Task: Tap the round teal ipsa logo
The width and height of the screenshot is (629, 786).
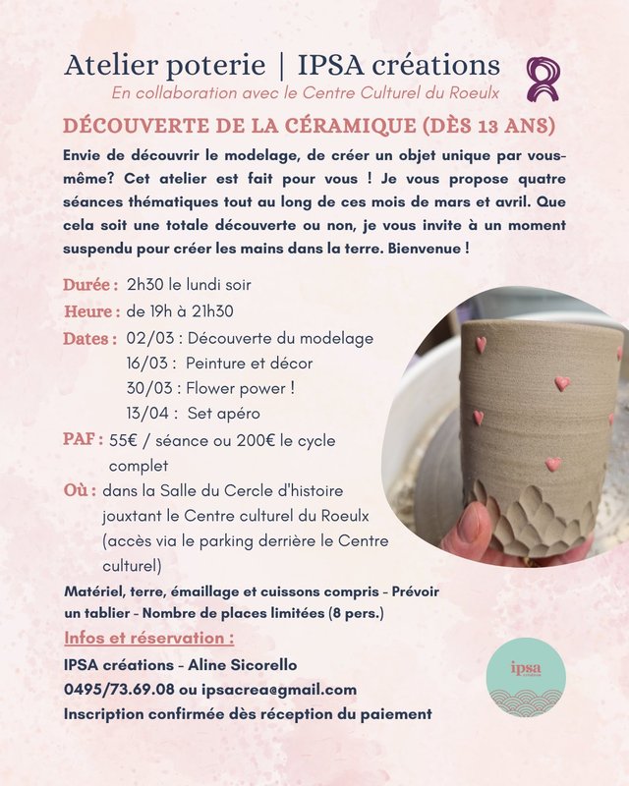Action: pos(526,677)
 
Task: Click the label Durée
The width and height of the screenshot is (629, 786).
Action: pos(90,285)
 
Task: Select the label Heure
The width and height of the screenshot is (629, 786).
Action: pos(91,311)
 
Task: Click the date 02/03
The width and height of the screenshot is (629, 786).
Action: pos(147,338)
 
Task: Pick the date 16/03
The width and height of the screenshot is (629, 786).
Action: pos(147,363)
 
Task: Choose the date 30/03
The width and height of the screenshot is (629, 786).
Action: pos(147,387)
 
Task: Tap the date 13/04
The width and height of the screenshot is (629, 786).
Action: pos(147,412)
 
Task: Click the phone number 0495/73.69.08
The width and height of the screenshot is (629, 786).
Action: pos(119,689)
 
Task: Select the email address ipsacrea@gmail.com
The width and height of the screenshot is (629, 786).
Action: pos(285,689)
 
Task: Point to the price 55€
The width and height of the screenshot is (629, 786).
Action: pos(124,441)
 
